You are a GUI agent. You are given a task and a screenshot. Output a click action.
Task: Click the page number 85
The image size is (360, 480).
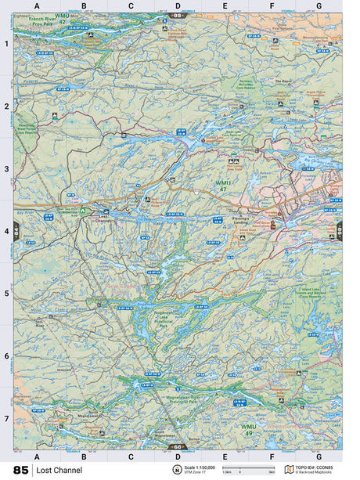(x=21, y=470)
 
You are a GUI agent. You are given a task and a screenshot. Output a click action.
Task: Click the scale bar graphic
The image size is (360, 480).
(x=248, y=468)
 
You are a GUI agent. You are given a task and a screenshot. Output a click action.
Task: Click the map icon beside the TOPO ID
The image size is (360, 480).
(x=289, y=469)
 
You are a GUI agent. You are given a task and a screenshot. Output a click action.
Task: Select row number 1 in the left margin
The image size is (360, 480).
(x=6, y=44)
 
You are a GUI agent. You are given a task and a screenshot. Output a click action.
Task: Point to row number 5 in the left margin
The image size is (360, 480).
(x=6, y=294)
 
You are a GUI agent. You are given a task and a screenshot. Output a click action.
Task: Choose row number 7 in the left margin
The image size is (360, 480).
(x=6, y=419)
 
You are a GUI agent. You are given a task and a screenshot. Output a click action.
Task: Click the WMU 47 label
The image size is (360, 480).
(x=223, y=186)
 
